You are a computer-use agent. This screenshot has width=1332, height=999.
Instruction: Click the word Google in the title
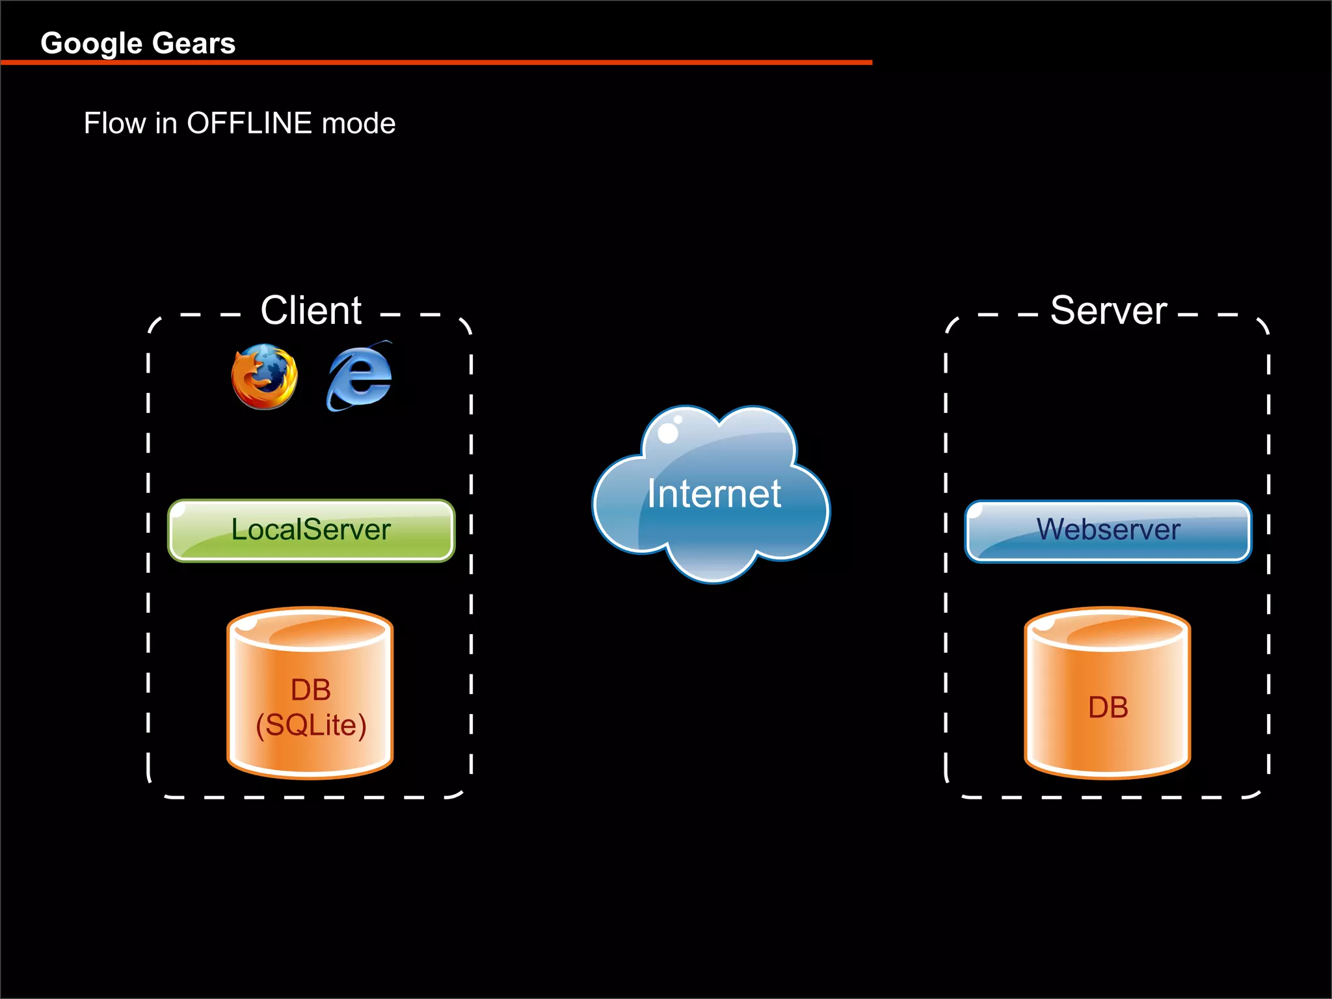[91, 44]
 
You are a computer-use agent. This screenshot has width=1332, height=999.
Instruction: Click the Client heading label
[311, 310]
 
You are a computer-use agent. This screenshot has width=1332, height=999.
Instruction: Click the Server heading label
[1108, 310]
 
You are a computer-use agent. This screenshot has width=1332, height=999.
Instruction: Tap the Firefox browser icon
[264, 377]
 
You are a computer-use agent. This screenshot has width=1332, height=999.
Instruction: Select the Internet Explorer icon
[359, 377]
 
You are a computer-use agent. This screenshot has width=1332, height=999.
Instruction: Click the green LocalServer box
[311, 530]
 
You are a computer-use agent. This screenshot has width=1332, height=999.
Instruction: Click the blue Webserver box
[1108, 530]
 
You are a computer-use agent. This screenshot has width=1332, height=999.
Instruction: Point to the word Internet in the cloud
[713, 494]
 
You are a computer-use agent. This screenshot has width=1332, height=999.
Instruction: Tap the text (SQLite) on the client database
[311, 725]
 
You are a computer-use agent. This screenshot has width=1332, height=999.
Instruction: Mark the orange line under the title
[436, 62]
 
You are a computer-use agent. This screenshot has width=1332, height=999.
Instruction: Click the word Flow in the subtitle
[114, 124]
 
